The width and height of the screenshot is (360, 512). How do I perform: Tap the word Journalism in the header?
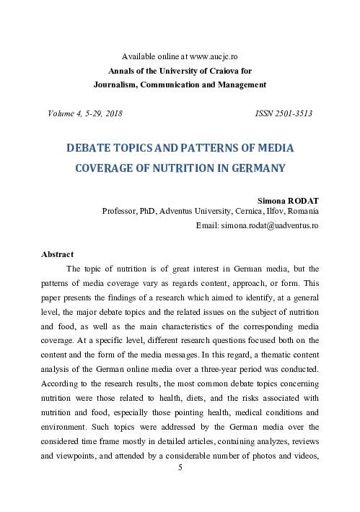click(118, 84)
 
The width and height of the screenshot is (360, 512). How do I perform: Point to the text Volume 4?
click(65, 114)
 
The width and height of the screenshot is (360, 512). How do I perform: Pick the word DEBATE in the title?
click(90, 147)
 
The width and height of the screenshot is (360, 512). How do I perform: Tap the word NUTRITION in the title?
click(170, 168)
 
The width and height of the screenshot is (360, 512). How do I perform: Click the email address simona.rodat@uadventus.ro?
click(273, 225)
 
